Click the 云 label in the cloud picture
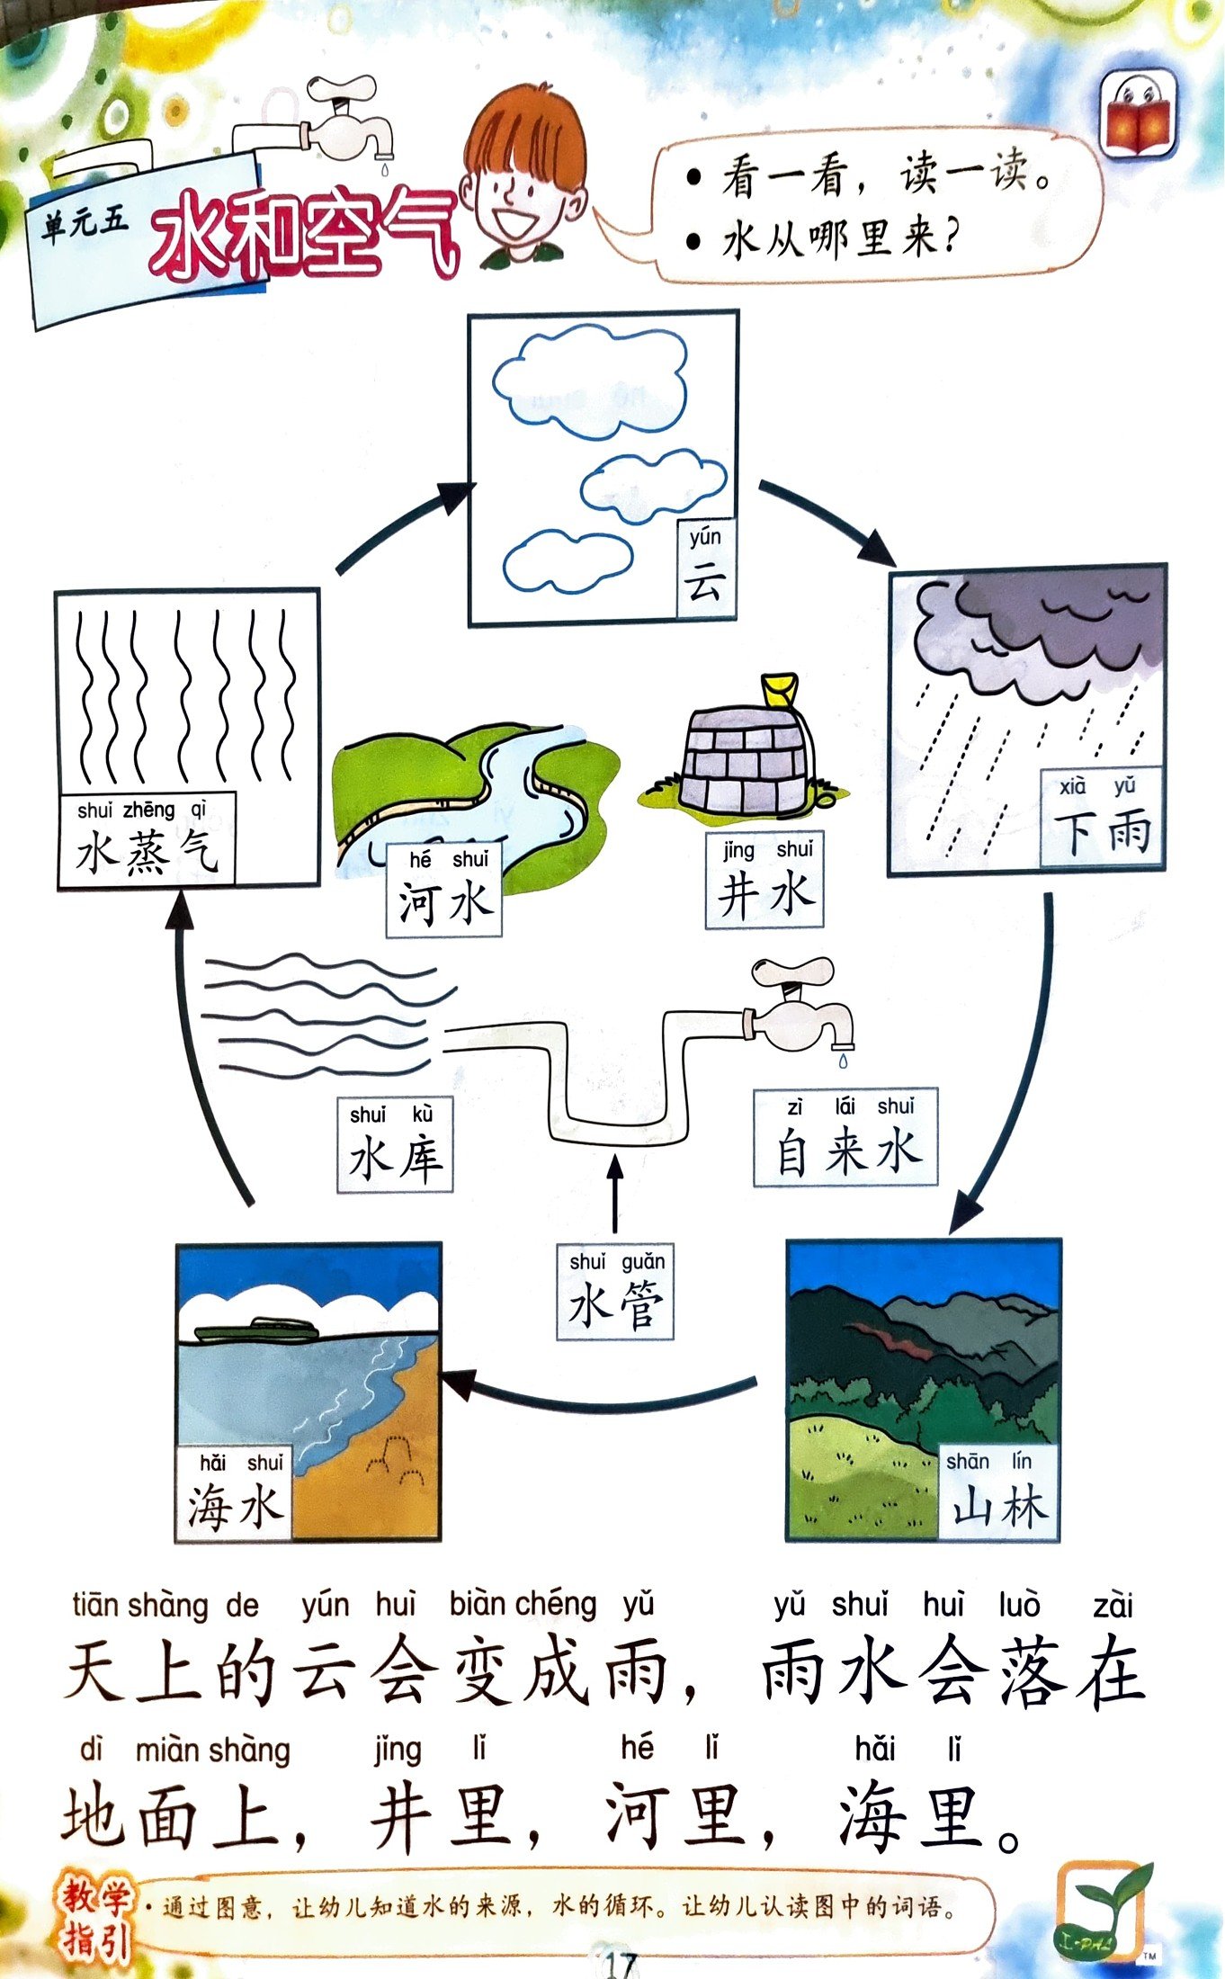[x=705, y=568]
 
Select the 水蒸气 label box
[x=148, y=839]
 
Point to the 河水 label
[x=444, y=891]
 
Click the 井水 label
[x=765, y=882]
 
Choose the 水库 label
[x=395, y=1145]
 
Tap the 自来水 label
[x=845, y=1137]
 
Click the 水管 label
[x=615, y=1292]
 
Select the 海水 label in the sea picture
[x=234, y=1494]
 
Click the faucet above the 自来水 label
[x=800, y=1007]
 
